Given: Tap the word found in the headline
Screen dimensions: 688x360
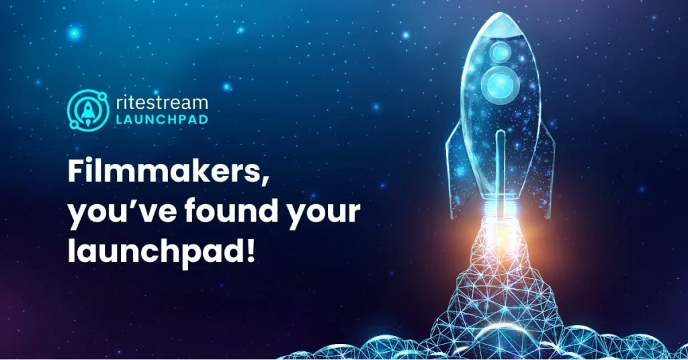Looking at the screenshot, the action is pyautogui.click(x=231, y=210).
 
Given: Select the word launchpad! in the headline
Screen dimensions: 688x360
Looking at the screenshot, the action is pyautogui.click(x=161, y=251).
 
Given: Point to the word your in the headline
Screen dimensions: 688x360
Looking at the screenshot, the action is pyautogui.click(x=323, y=214).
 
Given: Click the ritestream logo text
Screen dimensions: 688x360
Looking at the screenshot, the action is pyautogui.click(x=162, y=103).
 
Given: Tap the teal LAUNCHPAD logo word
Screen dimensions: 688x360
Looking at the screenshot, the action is pyautogui.click(x=162, y=120).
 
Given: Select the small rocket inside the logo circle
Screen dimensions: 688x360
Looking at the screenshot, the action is pyautogui.click(x=88, y=111).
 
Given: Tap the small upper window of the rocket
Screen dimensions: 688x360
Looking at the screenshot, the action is pyautogui.click(x=500, y=52).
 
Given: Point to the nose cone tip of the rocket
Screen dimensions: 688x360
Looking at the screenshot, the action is pyautogui.click(x=499, y=13).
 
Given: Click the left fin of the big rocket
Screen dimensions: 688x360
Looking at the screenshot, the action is pyautogui.click(x=455, y=171).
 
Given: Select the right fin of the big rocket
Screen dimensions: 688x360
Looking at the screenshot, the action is pyautogui.click(x=546, y=171).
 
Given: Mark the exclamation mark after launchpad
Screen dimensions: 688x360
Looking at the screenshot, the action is pyautogui.click(x=251, y=251).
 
